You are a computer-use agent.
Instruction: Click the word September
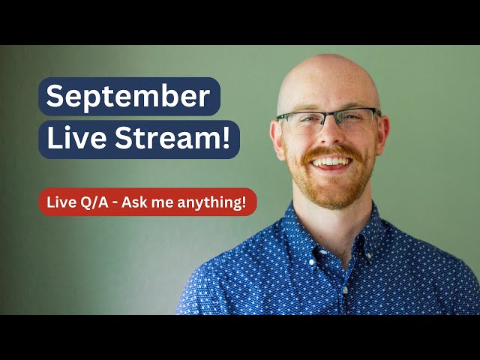[x=128, y=97]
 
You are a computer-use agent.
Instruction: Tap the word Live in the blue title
[x=72, y=139]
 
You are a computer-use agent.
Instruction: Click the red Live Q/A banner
[x=148, y=202]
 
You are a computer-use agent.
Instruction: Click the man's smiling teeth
[x=330, y=160]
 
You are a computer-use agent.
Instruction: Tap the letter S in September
[x=54, y=97]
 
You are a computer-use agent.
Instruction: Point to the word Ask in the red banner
[x=141, y=202]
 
